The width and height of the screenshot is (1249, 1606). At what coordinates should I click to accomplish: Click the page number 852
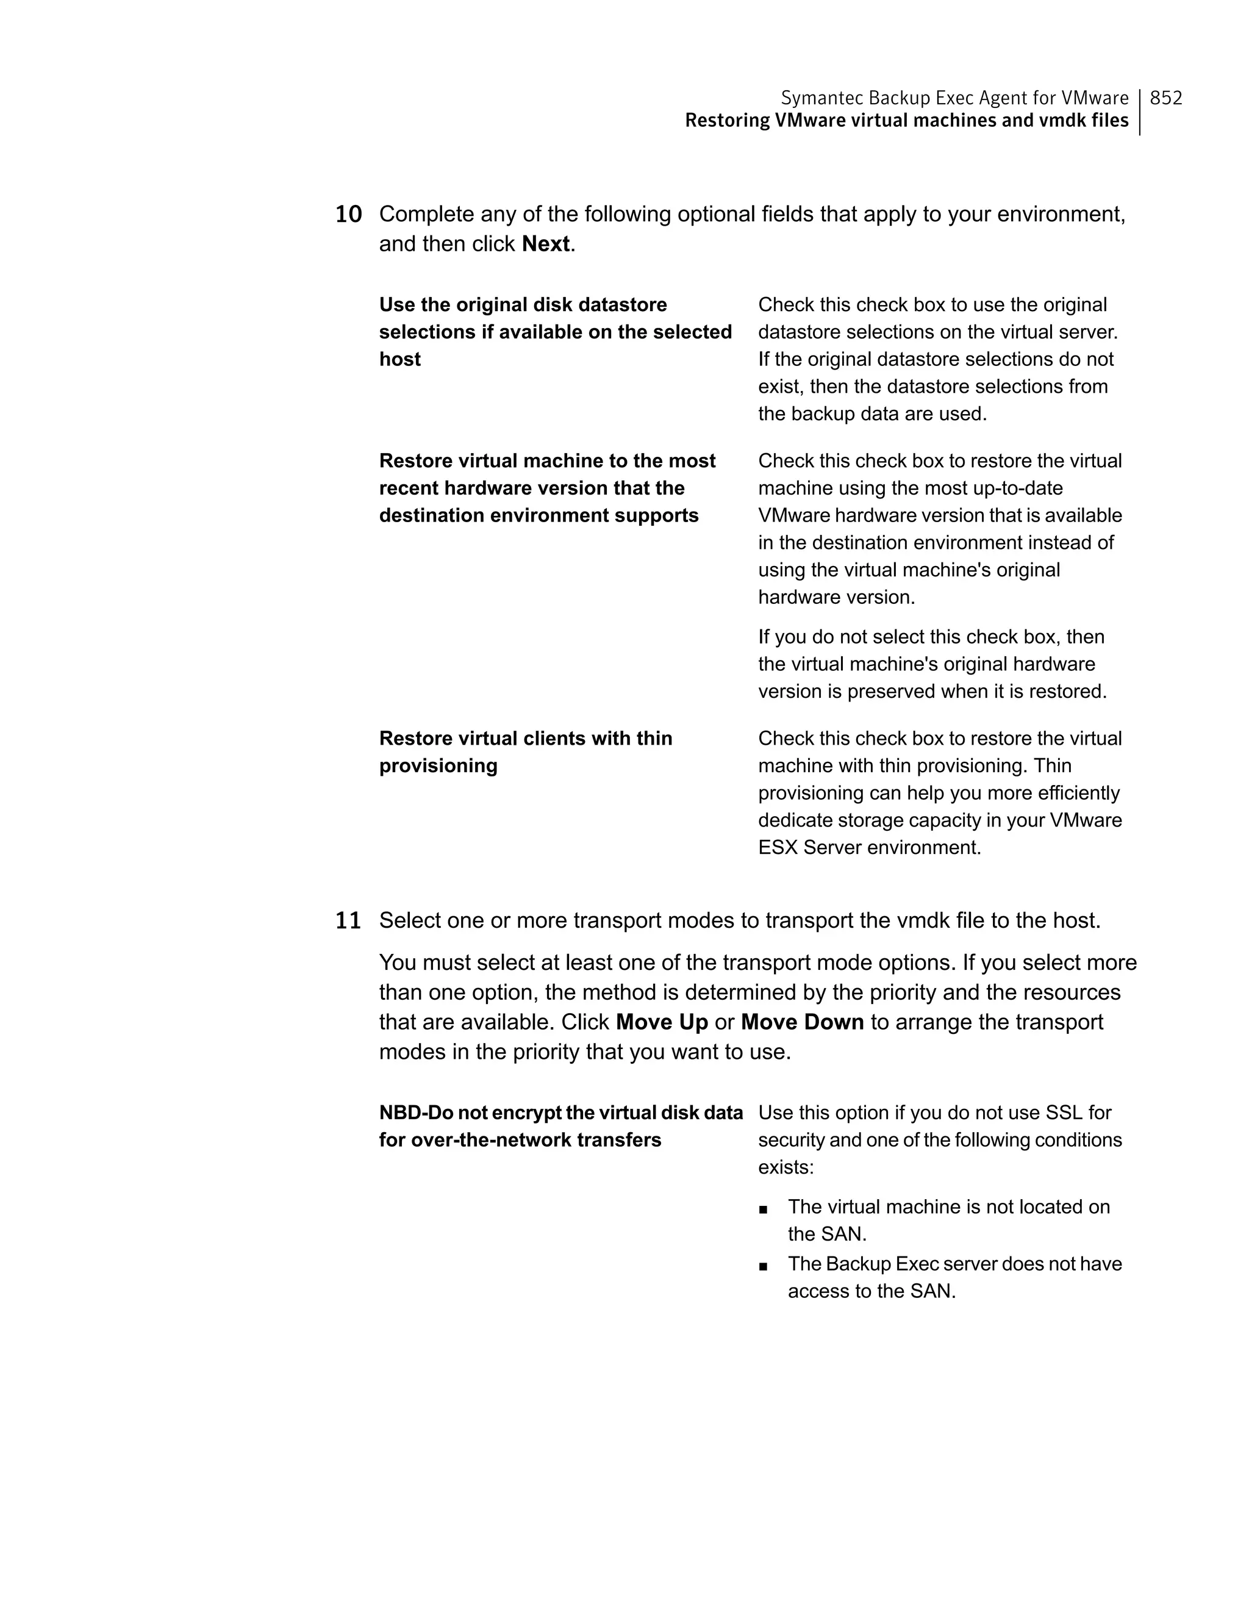point(1166,98)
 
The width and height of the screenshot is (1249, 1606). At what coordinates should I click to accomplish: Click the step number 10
point(348,215)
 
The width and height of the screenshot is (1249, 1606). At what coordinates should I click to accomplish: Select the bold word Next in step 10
point(545,244)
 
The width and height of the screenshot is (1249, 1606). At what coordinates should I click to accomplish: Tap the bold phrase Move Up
point(662,1022)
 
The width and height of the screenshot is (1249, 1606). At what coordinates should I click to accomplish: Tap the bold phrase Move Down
point(802,1022)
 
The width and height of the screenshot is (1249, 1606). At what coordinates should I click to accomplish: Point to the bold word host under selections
point(400,360)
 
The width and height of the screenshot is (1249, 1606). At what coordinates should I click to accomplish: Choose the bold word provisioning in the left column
point(438,766)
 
